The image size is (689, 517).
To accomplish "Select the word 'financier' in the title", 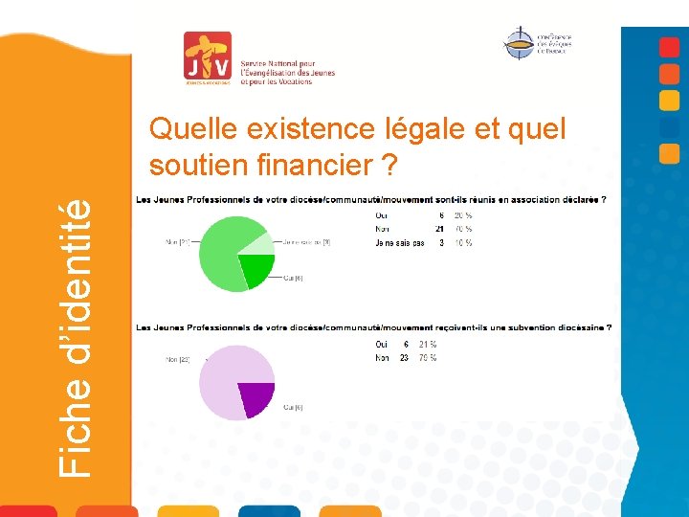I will [x=310, y=165].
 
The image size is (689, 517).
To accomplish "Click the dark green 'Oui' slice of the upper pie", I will [x=256, y=270].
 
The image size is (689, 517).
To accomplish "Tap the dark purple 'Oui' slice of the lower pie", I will [x=256, y=396].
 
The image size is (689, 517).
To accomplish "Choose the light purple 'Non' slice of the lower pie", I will [x=225, y=378].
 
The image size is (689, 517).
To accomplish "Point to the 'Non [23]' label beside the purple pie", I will [x=177, y=360].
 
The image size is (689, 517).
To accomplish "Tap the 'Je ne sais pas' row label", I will [x=400, y=243].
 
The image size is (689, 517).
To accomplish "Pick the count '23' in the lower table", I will [x=406, y=358].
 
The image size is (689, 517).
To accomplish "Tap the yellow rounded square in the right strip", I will [x=670, y=100].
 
